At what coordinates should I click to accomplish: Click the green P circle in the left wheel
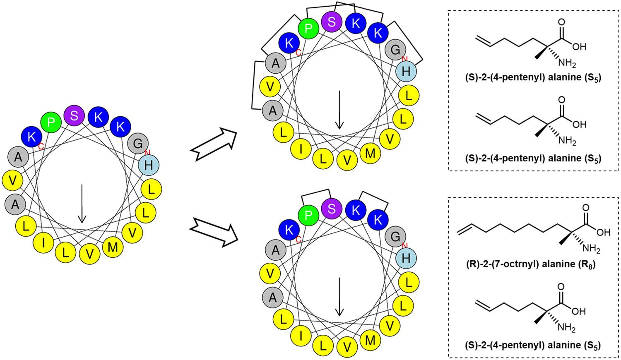pos(51,122)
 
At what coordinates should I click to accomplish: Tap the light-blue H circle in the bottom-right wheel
pos(406,258)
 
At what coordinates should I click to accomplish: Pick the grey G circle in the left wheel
pos(138,144)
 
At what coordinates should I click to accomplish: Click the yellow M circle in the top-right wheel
pos(370,153)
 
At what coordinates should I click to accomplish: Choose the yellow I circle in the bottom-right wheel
pos(301,336)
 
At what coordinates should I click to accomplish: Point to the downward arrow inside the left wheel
pos(82,203)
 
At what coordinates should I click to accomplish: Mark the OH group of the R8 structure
pos(603,232)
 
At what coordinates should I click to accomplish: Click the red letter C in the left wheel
pos(41,146)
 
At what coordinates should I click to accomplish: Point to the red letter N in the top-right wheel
pos(405,59)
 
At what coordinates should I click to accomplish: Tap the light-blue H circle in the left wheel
pos(149,165)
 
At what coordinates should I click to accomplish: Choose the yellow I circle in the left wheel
pos(43,242)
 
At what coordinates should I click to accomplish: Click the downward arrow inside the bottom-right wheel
pos(339,296)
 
